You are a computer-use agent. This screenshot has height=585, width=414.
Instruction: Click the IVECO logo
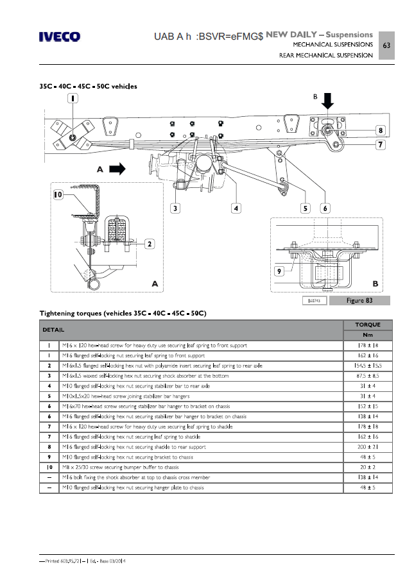point(60,37)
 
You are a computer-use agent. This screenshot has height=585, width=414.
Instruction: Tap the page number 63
point(386,46)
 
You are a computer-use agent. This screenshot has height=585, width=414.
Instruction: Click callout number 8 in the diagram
point(381,130)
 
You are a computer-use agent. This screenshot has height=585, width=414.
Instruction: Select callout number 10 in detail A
point(58,194)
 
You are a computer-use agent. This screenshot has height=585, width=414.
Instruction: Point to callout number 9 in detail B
point(279,271)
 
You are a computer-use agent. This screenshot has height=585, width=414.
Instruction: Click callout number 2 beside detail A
point(148,243)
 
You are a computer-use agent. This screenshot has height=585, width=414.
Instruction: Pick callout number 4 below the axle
point(236,208)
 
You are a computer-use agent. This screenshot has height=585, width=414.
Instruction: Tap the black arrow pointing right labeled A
point(116,169)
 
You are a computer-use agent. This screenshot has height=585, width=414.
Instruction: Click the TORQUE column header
point(367,325)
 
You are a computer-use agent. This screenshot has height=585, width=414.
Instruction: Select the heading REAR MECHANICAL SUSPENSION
point(325,56)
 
